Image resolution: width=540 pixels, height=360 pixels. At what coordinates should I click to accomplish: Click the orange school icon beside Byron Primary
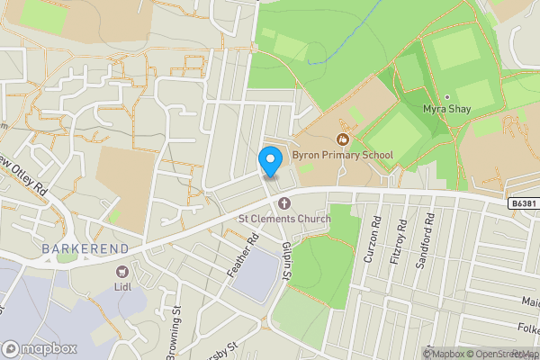pos(342,139)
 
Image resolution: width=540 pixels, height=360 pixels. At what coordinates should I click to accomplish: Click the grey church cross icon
pos(284,202)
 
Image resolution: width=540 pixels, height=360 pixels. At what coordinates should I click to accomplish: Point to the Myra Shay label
pos(446,110)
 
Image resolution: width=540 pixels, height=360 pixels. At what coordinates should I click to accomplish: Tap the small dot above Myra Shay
pos(446,96)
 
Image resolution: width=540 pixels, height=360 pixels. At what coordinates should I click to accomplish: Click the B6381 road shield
pos(520,205)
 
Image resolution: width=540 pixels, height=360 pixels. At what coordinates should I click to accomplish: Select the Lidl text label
pos(123,287)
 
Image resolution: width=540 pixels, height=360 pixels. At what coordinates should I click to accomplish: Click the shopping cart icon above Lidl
pos(123,272)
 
